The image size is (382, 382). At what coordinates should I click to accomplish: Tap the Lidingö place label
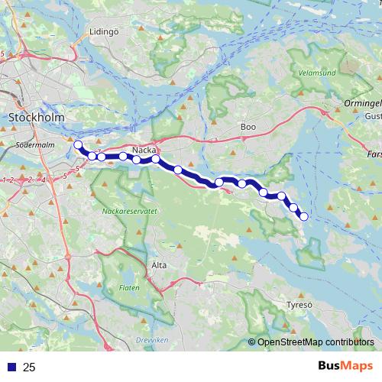pyautogui.click(x=105, y=31)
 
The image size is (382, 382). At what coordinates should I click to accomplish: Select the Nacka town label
pyautogui.click(x=144, y=150)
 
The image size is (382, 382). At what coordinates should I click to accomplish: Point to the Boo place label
pyautogui.click(x=248, y=127)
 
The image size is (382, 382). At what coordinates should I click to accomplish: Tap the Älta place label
pyautogui.click(x=159, y=264)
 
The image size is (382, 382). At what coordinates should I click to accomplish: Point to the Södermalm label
pyautogui.click(x=31, y=143)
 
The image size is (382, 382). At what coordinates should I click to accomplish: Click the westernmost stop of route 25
pyautogui.click(x=78, y=144)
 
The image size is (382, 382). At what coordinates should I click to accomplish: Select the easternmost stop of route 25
pyautogui.click(x=303, y=216)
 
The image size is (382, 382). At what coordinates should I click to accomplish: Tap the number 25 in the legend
pyautogui.click(x=29, y=367)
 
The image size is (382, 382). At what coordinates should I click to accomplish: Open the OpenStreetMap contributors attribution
pyautogui.click(x=315, y=343)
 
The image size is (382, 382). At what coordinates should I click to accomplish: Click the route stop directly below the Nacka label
pyautogui.click(x=156, y=159)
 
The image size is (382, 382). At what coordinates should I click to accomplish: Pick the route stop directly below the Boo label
pyautogui.click(x=243, y=183)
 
